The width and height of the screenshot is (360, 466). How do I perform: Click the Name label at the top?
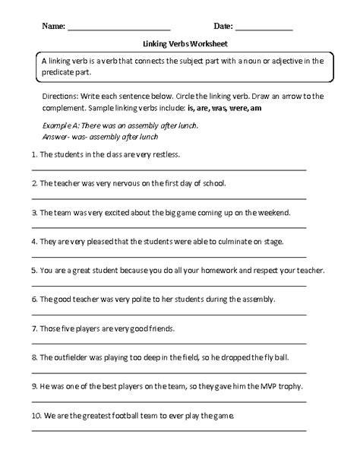tap(53, 27)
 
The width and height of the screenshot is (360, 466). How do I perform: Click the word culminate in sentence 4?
tap(254, 242)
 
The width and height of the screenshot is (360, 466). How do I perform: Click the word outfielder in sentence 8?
tap(71, 357)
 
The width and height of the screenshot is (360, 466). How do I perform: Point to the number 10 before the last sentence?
tap(35, 416)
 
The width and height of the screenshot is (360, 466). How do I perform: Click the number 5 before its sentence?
tap(33, 271)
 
